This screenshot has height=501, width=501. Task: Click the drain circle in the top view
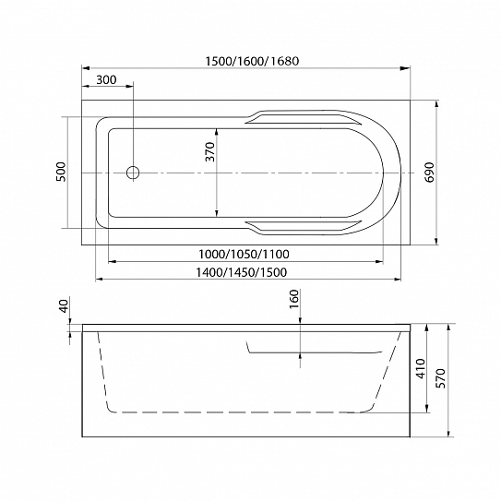[133, 173]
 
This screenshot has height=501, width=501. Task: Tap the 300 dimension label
[106, 79]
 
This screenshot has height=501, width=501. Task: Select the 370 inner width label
[210, 151]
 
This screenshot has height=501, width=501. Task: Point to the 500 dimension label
[61, 172]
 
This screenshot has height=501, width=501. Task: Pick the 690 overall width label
[430, 173]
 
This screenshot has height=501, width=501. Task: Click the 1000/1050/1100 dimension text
[244, 254]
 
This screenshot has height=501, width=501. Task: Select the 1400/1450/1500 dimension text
[241, 272]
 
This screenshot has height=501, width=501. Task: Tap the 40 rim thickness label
[65, 305]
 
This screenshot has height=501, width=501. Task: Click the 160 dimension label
[294, 299]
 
